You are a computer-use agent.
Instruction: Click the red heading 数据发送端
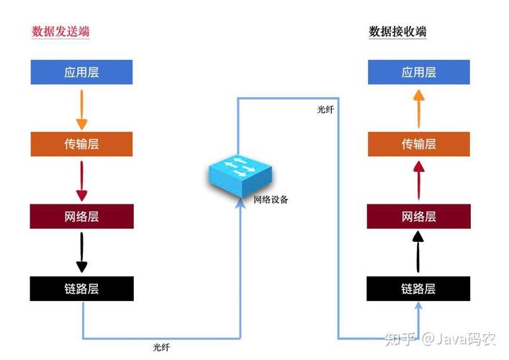pos(60,32)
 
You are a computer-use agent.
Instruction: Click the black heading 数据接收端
pos(397,32)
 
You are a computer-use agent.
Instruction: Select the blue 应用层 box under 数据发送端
pos(81,73)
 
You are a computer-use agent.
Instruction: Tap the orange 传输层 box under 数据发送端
pos(81,144)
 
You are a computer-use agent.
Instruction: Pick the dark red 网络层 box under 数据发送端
pos(81,217)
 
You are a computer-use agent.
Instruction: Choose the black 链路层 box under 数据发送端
pos(81,289)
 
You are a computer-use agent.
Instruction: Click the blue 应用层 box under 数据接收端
pos(418,73)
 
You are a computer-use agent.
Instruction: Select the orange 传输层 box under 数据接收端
pos(418,144)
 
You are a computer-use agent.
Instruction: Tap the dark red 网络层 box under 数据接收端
pos(418,217)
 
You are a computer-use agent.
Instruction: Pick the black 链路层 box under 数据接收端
pos(418,289)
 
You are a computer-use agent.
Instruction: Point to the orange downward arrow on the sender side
pos(81,108)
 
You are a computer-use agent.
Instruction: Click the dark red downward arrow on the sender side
pos(81,180)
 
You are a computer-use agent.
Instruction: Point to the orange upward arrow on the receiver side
pos(418,108)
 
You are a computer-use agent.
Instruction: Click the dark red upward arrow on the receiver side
pos(418,180)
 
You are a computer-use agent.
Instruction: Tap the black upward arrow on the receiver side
pos(418,252)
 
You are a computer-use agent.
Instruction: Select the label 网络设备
pos(270,199)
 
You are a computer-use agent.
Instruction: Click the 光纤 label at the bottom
pos(162,347)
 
